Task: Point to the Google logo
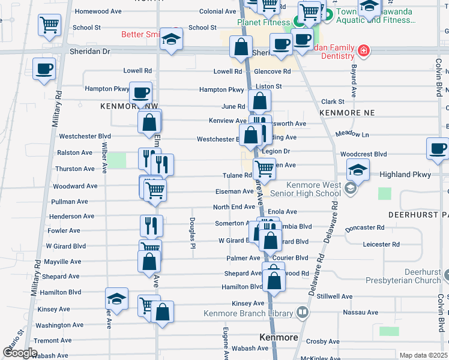[20, 353]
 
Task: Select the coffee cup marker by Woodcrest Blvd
[438, 148]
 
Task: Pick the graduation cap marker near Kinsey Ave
[116, 298]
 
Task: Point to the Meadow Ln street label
[352, 134]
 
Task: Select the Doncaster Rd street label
[365, 227]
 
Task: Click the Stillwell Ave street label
[335, 296]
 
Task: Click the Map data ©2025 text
[423, 355]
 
